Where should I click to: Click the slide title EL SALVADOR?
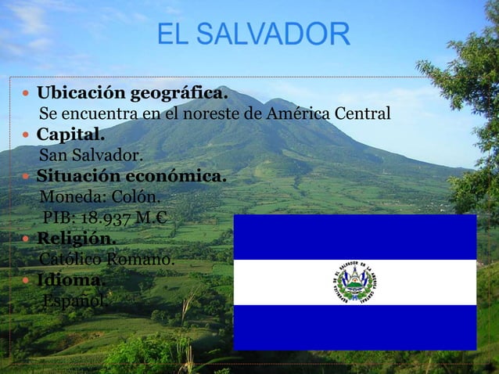[x=253, y=35]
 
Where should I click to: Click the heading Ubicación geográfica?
[x=133, y=95]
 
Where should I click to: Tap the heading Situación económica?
[x=132, y=175]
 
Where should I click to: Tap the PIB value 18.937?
[x=109, y=217]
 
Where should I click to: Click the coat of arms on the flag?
[x=355, y=282]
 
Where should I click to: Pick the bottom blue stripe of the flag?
[x=355, y=327]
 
